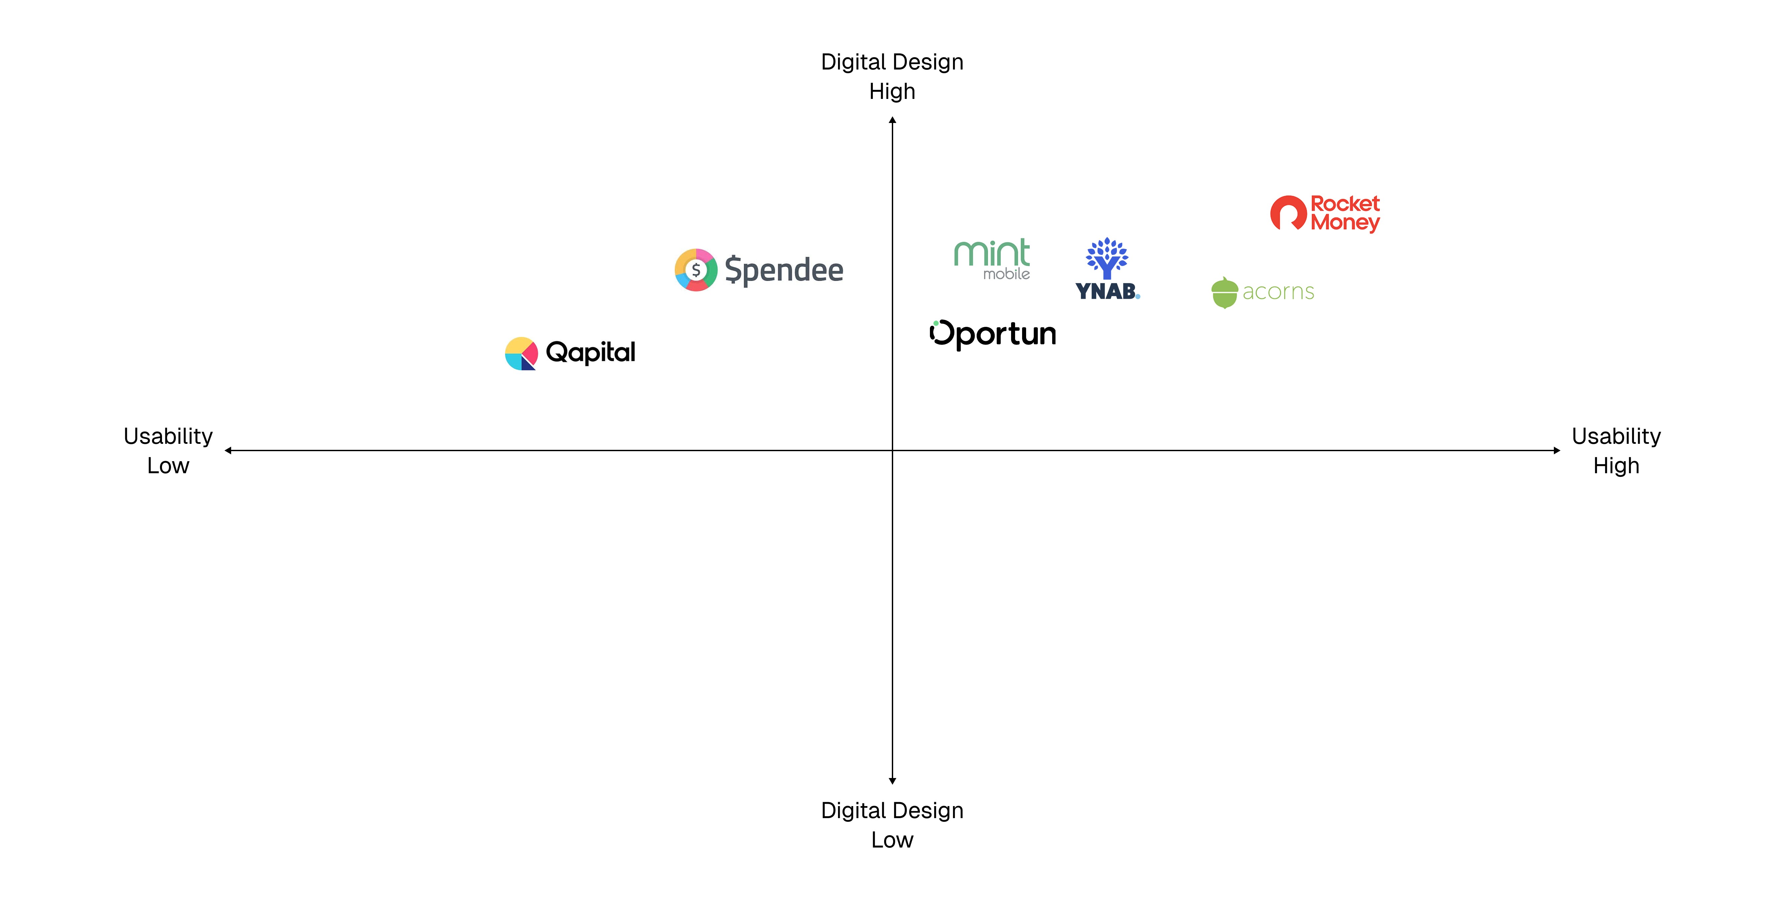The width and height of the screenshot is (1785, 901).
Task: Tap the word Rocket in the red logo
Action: tap(1345, 204)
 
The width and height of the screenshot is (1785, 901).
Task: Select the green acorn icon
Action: tap(1225, 292)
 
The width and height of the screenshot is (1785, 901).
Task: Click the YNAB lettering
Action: tap(1106, 291)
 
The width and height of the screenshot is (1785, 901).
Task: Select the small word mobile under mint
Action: tap(1006, 274)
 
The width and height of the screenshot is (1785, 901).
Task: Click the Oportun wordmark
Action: tap(993, 334)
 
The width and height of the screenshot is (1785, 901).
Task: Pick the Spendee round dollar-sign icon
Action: tap(696, 270)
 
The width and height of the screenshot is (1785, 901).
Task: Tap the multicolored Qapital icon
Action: tap(521, 354)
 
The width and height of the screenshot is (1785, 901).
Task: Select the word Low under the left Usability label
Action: tap(168, 466)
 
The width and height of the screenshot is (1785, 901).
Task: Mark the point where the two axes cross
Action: tap(892, 450)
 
